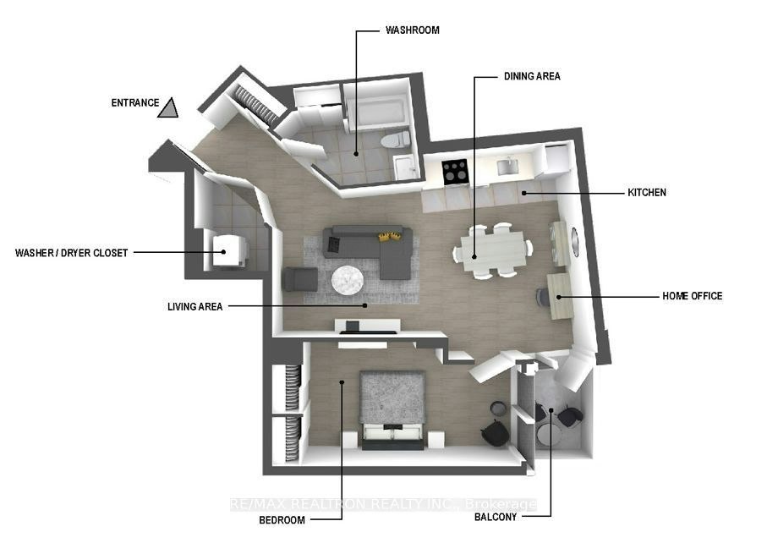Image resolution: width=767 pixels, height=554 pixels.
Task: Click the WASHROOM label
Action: (413, 30)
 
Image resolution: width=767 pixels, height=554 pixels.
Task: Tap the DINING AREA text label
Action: (532, 76)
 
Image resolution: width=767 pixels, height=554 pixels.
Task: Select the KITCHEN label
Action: (647, 192)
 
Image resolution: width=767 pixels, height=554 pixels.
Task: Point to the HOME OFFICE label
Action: (692, 296)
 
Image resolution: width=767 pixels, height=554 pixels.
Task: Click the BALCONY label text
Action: (496, 518)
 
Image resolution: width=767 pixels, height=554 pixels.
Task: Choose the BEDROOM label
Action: (282, 520)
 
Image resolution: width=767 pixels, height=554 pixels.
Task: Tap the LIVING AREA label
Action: (194, 307)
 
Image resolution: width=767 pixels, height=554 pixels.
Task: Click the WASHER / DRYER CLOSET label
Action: (71, 253)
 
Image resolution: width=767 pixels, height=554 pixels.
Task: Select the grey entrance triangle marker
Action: (167, 109)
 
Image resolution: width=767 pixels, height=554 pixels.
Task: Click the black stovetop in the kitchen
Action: (456, 173)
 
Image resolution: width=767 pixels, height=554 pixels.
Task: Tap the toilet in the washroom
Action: (395, 140)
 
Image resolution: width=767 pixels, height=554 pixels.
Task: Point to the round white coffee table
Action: (348, 280)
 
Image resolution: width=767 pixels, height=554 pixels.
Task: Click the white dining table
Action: (493, 251)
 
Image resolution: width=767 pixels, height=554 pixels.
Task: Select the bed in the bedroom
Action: (392, 410)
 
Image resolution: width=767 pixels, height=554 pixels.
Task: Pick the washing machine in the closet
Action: (229, 251)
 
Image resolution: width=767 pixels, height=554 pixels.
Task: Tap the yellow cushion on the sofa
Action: (389, 237)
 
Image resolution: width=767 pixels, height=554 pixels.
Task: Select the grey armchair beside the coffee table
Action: (301, 279)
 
